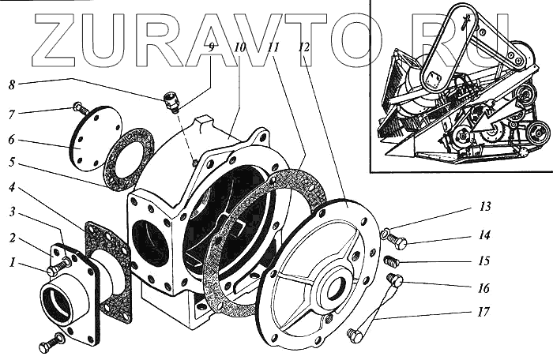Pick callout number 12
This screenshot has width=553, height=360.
[303, 47]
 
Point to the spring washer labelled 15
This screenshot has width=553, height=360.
[390, 261]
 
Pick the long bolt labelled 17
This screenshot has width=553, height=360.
[374, 308]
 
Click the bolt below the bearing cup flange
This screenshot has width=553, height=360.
[49, 344]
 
